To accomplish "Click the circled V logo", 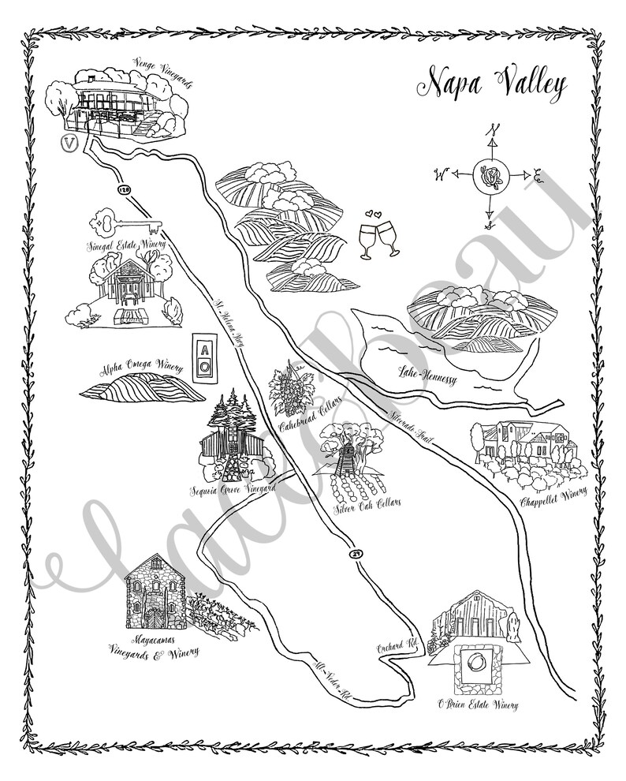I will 69,144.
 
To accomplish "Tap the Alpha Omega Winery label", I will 141,368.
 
